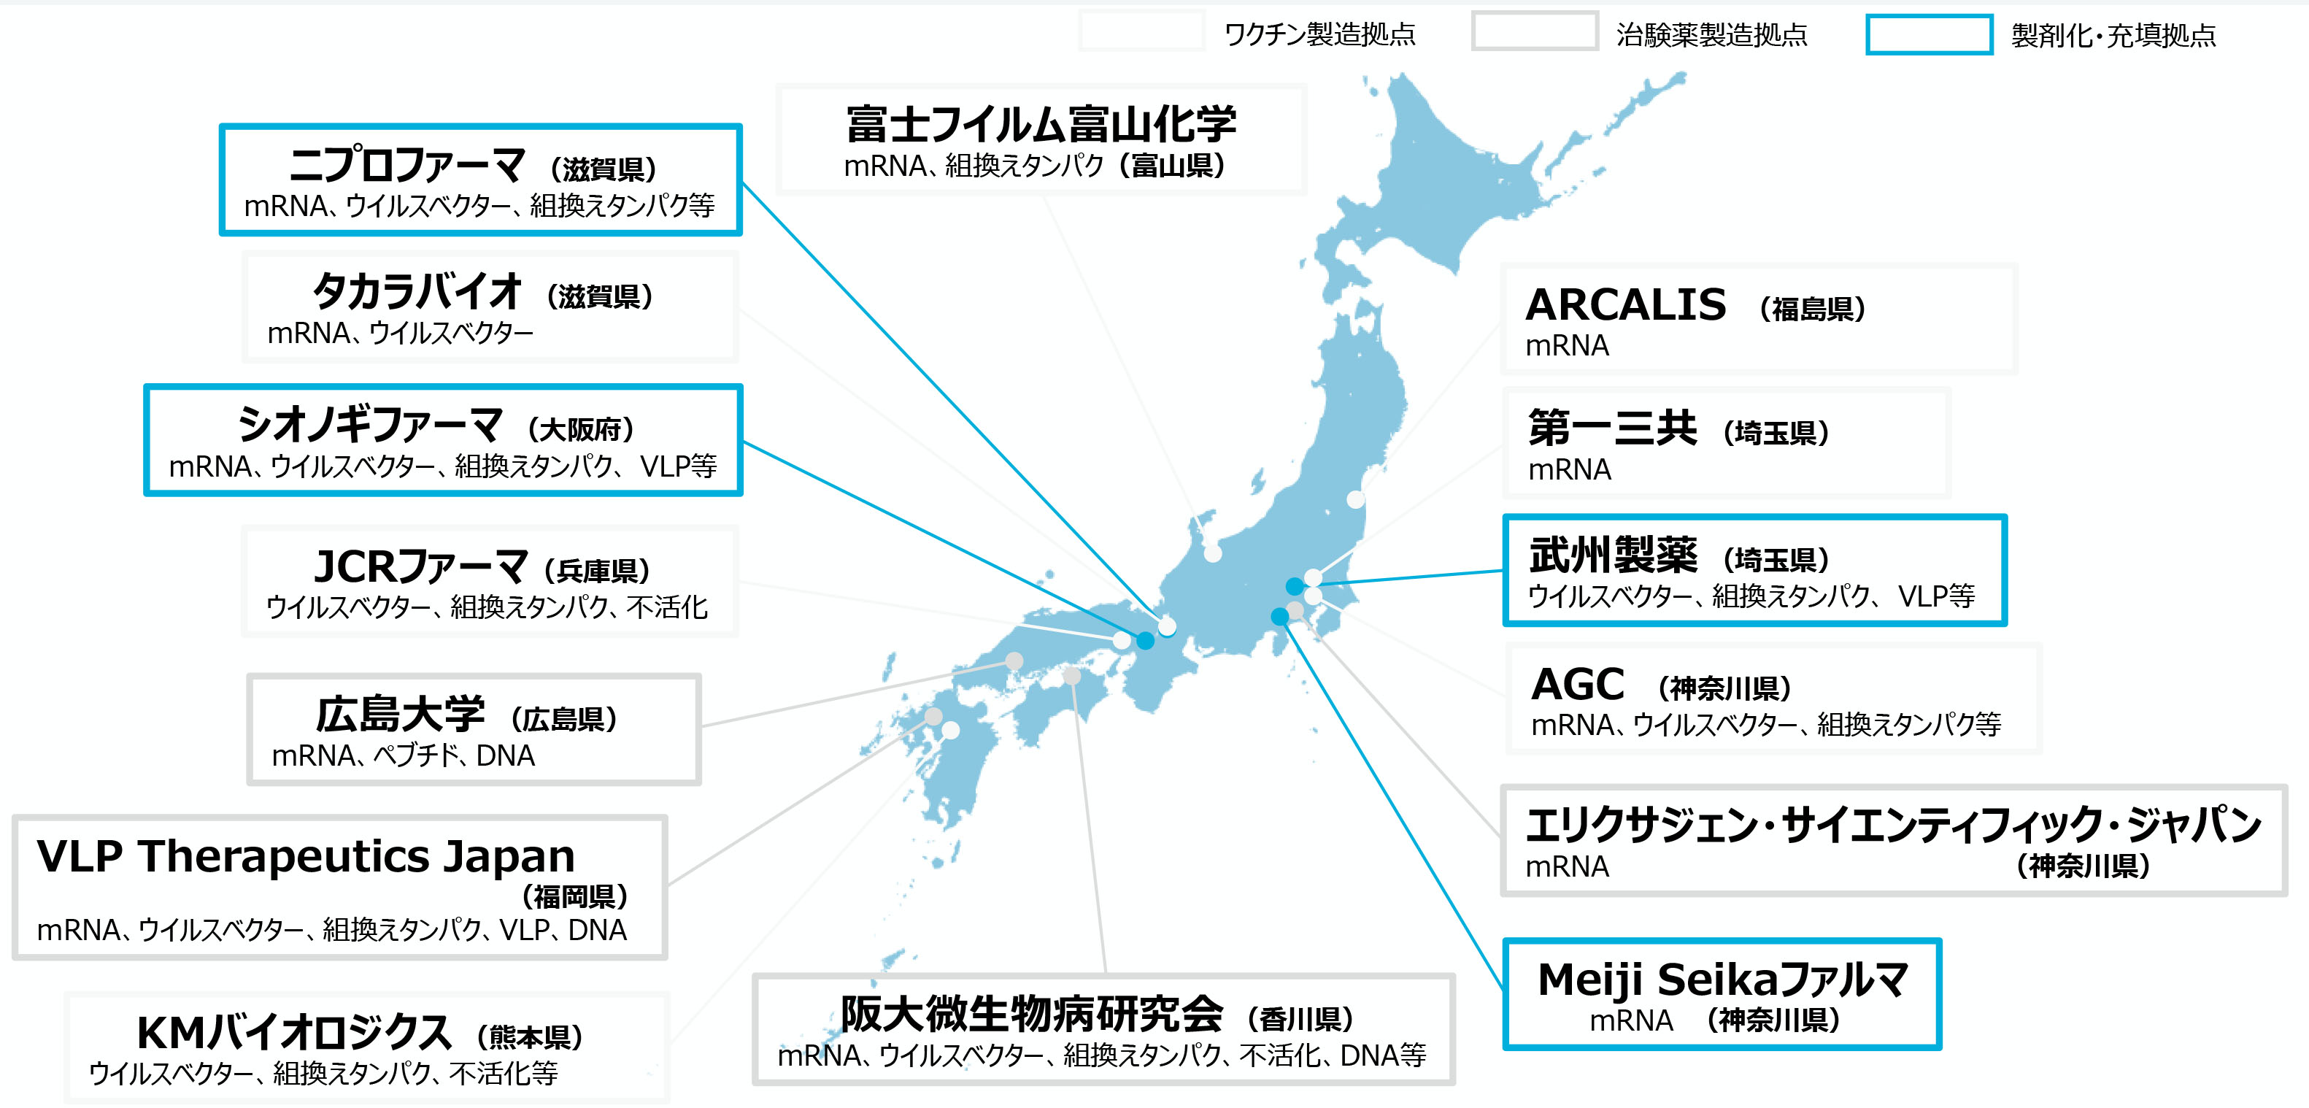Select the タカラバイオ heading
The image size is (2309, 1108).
[x=416, y=292]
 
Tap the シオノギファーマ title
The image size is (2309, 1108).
[x=370, y=425]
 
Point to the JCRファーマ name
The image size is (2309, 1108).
[x=420, y=566]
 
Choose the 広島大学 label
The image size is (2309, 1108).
[x=400, y=715]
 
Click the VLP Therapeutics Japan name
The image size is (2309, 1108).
[x=306, y=856]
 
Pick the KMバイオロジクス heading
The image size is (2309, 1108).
[x=293, y=1033]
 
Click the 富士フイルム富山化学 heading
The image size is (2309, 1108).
[x=1041, y=123]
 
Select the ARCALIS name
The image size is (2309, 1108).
[x=1625, y=305]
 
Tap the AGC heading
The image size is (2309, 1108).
[x=1578, y=685]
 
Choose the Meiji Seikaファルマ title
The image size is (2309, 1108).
[x=1723, y=979]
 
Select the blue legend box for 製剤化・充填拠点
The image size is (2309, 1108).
[x=1929, y=35]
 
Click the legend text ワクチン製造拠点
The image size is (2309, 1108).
[x=1319, y=35]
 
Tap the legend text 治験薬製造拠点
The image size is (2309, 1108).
[x=1711, y=35]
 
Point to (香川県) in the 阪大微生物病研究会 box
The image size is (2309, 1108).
[x=1300, y=1019]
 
